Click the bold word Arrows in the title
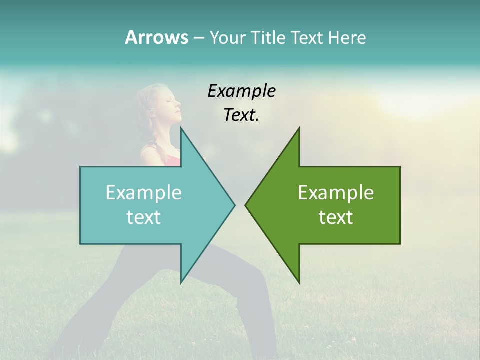coord(156,37)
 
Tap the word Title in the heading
coord(267,37)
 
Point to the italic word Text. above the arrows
coord(242,115)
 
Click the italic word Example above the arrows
coord(242,91)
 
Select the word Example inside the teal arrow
coord(144,193)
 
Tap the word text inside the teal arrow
coord(144,217)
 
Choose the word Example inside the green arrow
coord(336,193)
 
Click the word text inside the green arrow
coord(336,217)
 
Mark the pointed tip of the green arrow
coord(246,205)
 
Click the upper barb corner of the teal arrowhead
coord(181,128)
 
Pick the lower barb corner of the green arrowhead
coord(299,282)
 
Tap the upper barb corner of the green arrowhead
coord(299,128)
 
